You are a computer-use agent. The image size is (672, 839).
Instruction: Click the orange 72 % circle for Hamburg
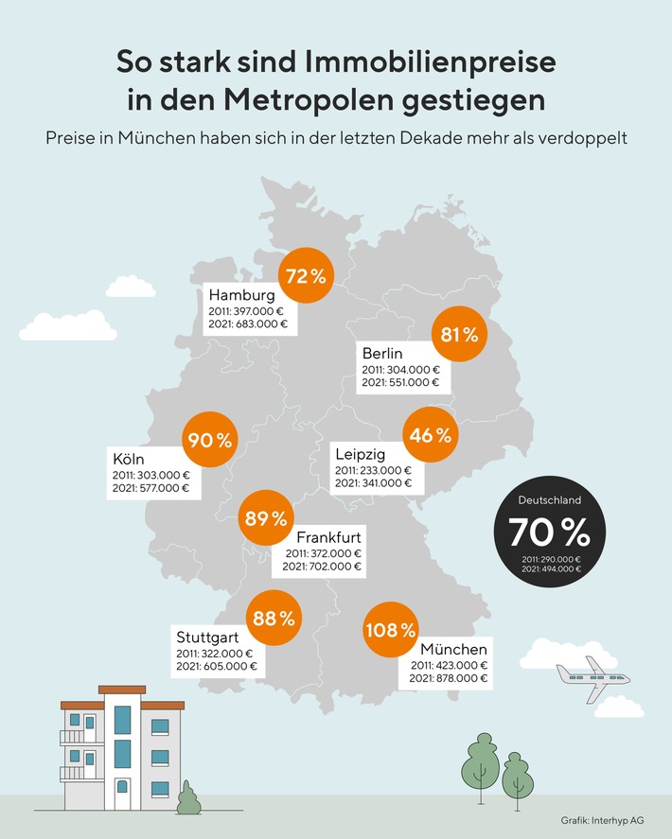coord(305,276)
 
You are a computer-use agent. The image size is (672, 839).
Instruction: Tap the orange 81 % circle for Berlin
coord(458,334)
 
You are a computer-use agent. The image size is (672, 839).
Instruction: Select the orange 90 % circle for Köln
coord(208,439)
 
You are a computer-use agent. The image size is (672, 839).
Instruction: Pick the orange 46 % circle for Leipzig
coord(431,436)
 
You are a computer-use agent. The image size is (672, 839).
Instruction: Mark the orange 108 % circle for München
coord(390,629)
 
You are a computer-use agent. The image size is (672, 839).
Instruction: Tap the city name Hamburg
coord(241,294)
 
